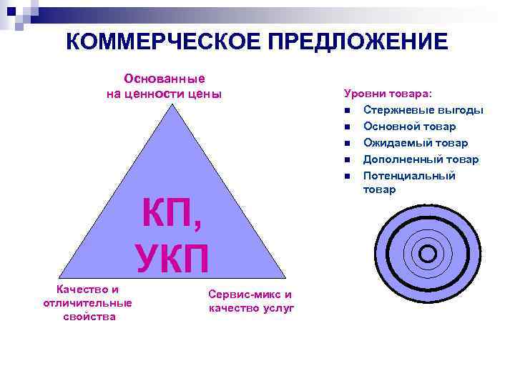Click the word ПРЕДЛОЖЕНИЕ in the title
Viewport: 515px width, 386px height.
pyautogui.click(x=358, y=41)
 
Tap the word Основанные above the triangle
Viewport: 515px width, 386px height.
pyautogui.click(x=165, y=79)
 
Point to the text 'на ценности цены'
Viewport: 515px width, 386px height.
pyautogui.click(x=165, y=94)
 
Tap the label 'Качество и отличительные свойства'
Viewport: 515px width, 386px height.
pyautogui.click(x=88, y=303)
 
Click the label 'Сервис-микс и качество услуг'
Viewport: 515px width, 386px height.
pyautogui.click(x=250, y=301)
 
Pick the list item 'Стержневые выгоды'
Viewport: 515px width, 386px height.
pyautogui.click(x=423, y=110)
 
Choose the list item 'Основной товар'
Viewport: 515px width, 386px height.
pyautogui.click(x=409, y=127)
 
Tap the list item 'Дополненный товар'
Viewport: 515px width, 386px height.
pyautogui.click(x=421, y=159)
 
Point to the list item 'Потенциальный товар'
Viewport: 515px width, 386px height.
pyautogui.click(x=409, y=182)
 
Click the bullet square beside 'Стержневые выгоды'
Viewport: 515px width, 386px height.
pyautogui.click(x=345, y=111)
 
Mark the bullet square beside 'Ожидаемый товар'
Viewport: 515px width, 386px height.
pyautogui.click(x=345, y=144)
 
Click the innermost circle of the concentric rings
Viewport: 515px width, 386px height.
pyautogui.click(x=428, y=253)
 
